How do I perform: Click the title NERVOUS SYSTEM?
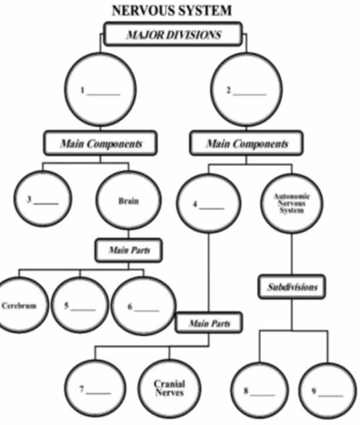171,10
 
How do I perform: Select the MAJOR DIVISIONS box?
173,34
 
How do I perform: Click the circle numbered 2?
245,92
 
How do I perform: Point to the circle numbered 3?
42,199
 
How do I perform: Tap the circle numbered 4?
208,205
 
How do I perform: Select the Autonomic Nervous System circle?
291,202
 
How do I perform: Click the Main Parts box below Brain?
129,250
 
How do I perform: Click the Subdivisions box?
292,287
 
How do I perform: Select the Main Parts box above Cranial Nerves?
209,323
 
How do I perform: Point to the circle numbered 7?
95,389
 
